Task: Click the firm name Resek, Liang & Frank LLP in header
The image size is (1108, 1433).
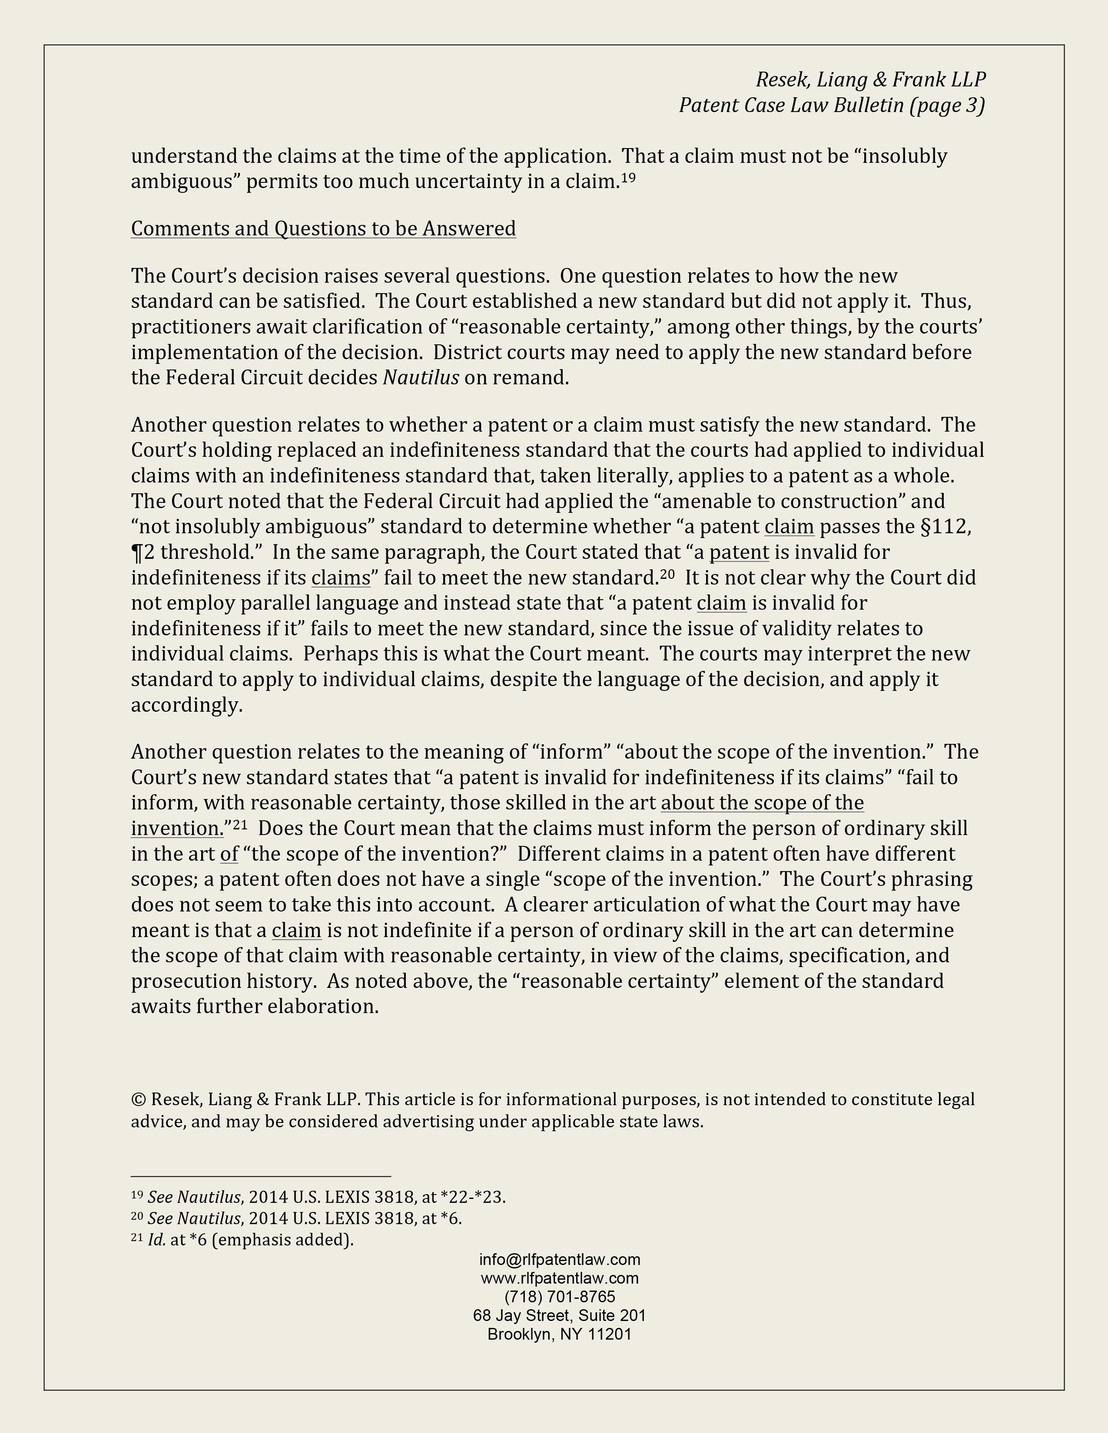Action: [870, 79]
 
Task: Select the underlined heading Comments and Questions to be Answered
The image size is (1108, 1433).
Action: [323, 228]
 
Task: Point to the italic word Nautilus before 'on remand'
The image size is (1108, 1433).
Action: [421, 378]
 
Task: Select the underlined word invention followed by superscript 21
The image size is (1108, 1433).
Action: [176, 829]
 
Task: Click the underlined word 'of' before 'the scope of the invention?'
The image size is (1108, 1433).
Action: [229, 854]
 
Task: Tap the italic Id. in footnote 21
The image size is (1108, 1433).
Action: [157, 1240]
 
